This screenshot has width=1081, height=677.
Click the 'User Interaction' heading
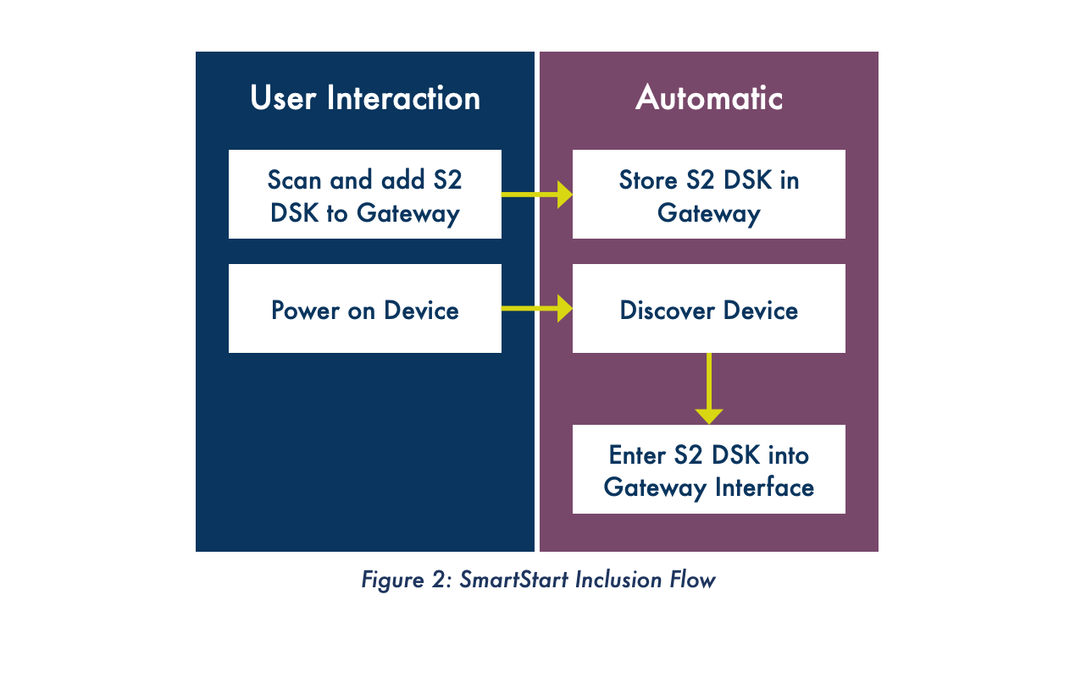click(365, 98)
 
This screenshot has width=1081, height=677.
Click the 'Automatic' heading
click(709, 98)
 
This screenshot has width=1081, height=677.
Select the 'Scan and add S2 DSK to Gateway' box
click(365, 195)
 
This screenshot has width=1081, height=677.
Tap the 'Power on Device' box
click(365, 309)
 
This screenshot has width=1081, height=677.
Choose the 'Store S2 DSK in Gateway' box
click(709, 195)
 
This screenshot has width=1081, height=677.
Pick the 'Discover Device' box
click(709, 309)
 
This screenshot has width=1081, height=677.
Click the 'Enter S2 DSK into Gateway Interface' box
click(709, 470)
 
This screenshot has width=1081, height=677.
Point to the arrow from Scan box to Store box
click(537, 195)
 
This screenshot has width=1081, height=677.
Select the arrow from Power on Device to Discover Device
click(537, 309)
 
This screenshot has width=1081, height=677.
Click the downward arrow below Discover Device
click(709, 388)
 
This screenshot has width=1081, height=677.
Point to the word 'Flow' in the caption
click(692, 581)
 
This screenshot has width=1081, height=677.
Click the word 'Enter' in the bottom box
click(638, 455)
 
